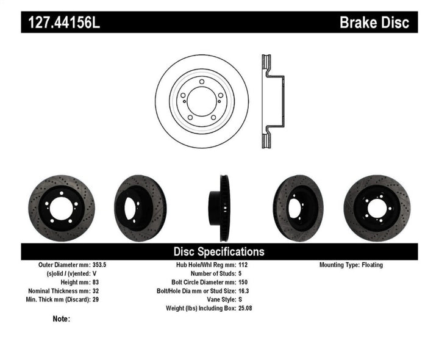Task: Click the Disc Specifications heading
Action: click(219, 251)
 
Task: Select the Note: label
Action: click(62, 319)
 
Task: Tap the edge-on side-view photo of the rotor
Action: click(220, 203)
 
